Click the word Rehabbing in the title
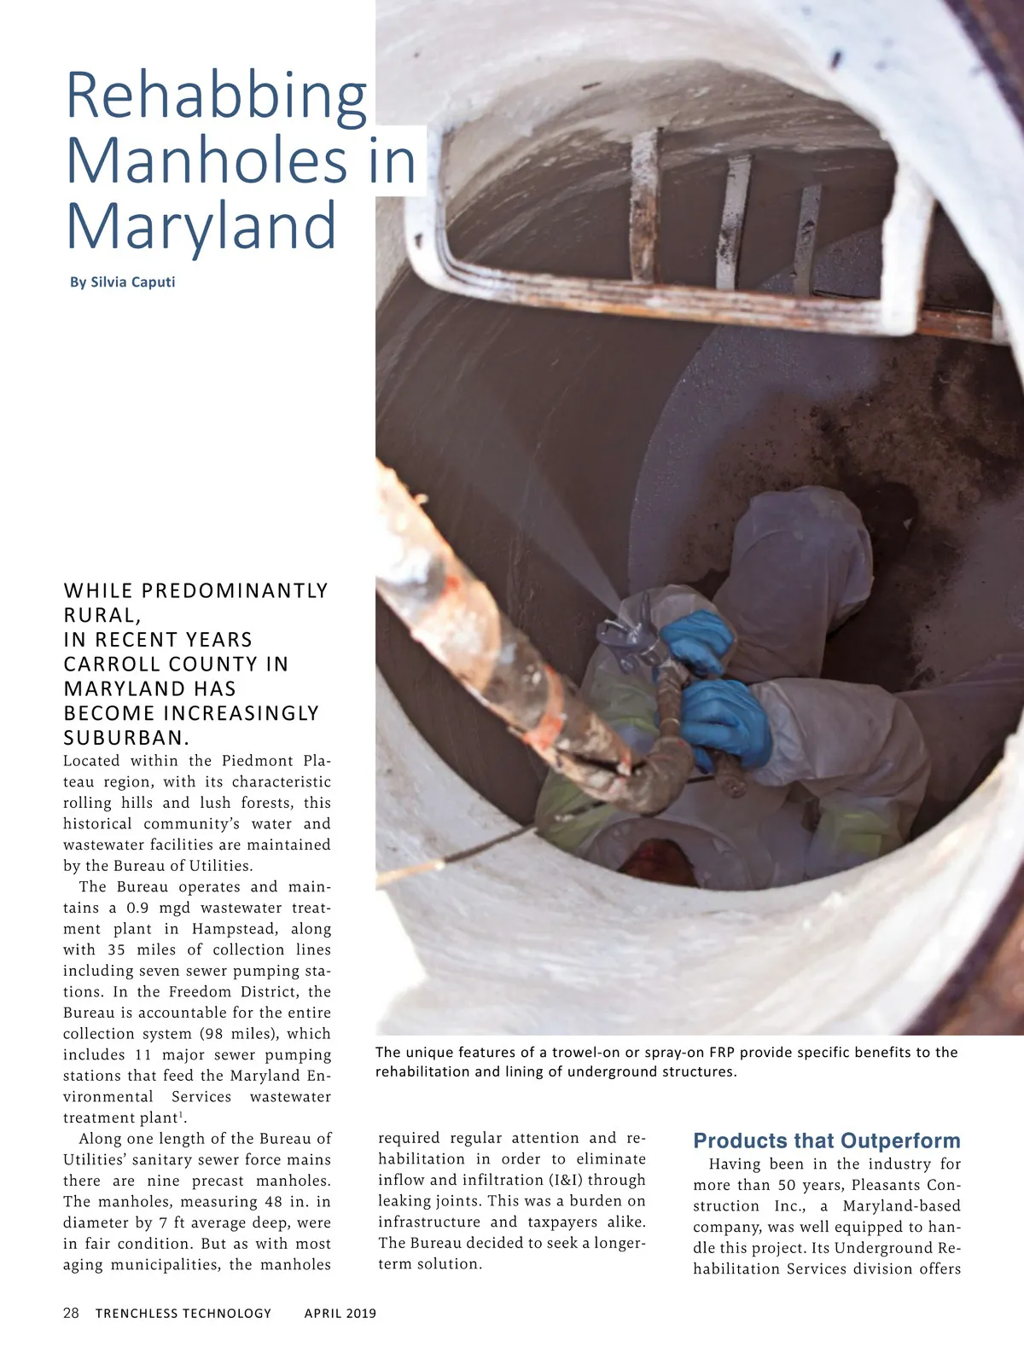pos(216,97)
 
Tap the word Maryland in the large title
pos(201,225)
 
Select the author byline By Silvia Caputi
pos(123,282)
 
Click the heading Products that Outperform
pos(826,1141)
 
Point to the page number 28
pos(71,1313)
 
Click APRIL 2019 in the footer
pos(340,1314)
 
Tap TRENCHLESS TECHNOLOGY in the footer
pos(183,1314)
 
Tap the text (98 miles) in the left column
pos(240,1034)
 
